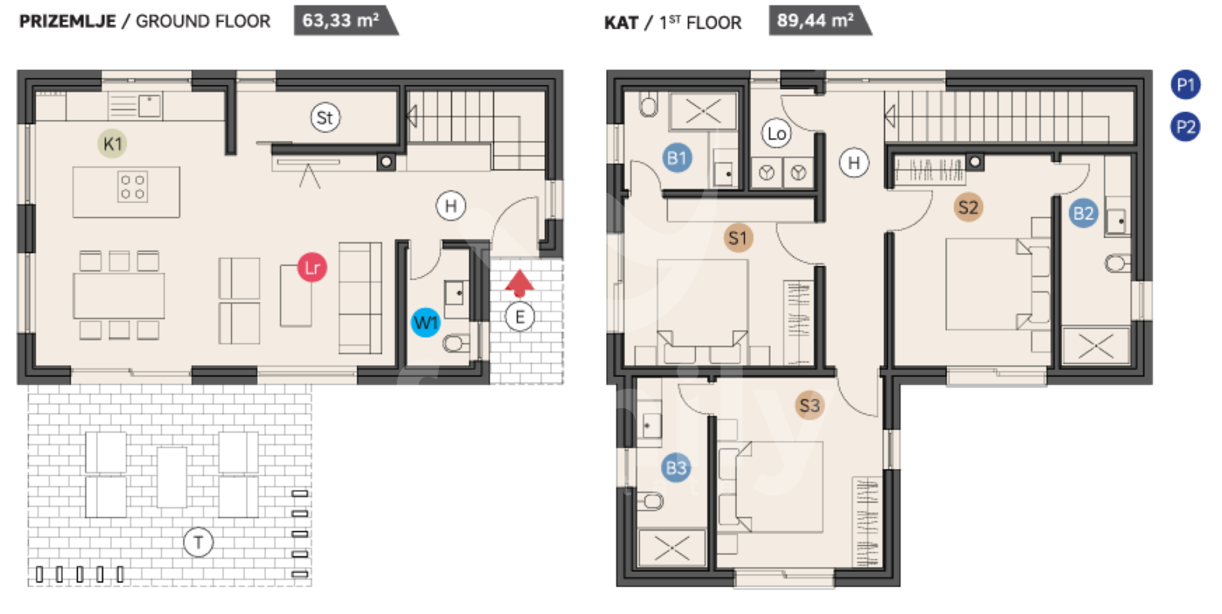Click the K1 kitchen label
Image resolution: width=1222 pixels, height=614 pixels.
(112, 144)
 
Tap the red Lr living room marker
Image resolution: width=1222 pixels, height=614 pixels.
(312, 268)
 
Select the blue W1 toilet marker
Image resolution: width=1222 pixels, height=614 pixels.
(425, 323)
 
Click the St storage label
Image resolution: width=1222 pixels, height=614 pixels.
(325, 118)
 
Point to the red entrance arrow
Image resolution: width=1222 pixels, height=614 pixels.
(519, 283)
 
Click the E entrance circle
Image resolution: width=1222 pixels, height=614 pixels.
(520, 317)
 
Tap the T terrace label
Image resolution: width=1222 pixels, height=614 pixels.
(198, 543)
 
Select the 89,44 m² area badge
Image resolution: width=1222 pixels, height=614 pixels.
(820, 20)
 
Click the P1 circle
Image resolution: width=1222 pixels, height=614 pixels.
(1186, 85)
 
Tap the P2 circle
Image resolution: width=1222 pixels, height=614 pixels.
(1186, 127)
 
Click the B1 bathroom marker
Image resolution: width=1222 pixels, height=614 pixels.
(677, 158)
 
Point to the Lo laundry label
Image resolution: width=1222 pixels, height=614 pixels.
(776, 134)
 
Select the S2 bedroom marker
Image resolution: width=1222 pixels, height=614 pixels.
(968, 207)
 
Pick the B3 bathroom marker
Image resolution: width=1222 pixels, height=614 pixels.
(676, 468)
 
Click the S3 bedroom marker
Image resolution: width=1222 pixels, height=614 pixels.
(810, 406)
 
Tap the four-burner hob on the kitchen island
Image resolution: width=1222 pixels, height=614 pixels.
(132, 187)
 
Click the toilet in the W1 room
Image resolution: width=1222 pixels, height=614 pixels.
(456, 344)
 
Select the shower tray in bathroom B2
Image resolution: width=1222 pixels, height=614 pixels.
(1096, 346)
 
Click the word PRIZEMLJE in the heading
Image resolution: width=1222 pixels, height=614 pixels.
(67, 21)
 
